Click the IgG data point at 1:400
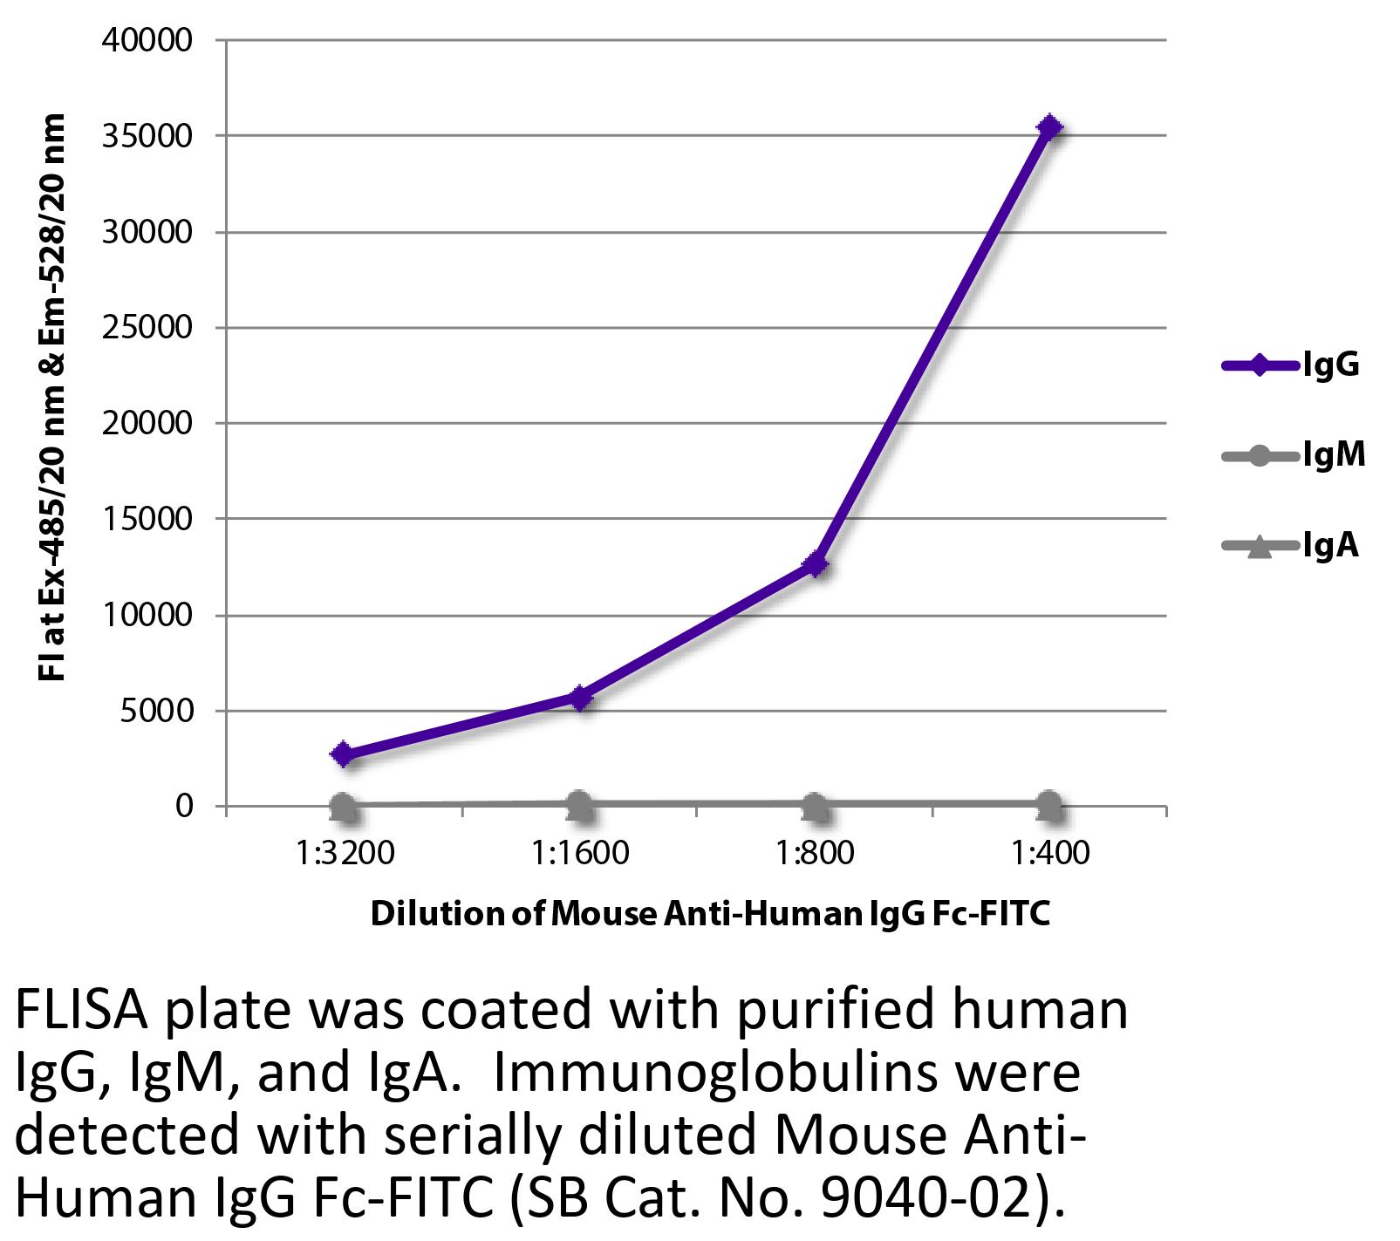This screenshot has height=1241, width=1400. pos(1050,127)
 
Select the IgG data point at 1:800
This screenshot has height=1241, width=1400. pos(816,564)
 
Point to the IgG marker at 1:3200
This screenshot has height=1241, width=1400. pos(344,754)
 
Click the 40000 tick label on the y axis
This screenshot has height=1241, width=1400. pos(147,41)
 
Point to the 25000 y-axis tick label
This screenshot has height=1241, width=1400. pos(147,328)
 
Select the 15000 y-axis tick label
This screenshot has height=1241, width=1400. pos(147,519)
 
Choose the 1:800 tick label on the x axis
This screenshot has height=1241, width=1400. pos(815,852)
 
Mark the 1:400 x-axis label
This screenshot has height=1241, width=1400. pos(1050,852)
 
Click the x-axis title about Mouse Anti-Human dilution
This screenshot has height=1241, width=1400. pos(710,914)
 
